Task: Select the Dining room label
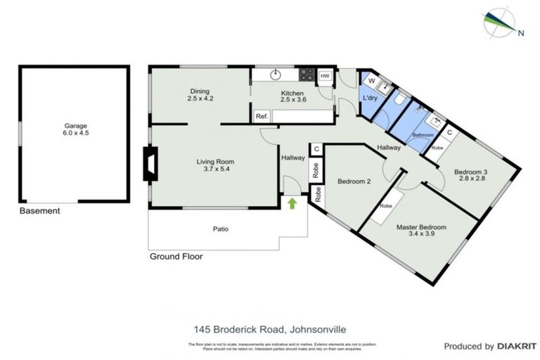pyautogui.click(x=200, y=95)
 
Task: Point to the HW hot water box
pyautogui.click(x=324, y=76)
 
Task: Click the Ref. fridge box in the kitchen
pyautogui.click(x=262, y=116)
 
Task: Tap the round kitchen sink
pyautogui.click(x=276, y=73)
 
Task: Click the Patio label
pyautogui.click(x=221, y=229)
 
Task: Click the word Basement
pyautogui.click(x=39, y=211)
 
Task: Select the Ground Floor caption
pyautogui.click(x=176, y=257)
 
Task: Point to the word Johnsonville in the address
pyautogui.click(x=316, y=328)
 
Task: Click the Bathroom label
pyautogui.click(x=422, y=134)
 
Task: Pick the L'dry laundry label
pyautogui.click(x=370, y=98)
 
